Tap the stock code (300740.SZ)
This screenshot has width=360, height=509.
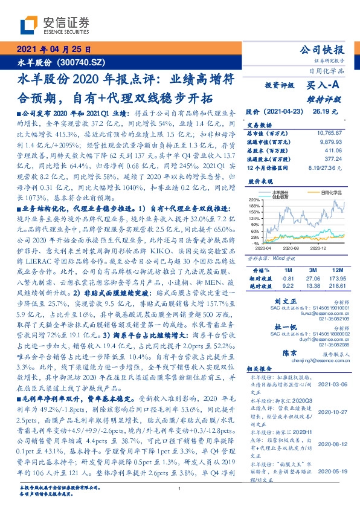click(82, 62)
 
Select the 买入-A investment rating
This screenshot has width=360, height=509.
click(326, 86)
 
